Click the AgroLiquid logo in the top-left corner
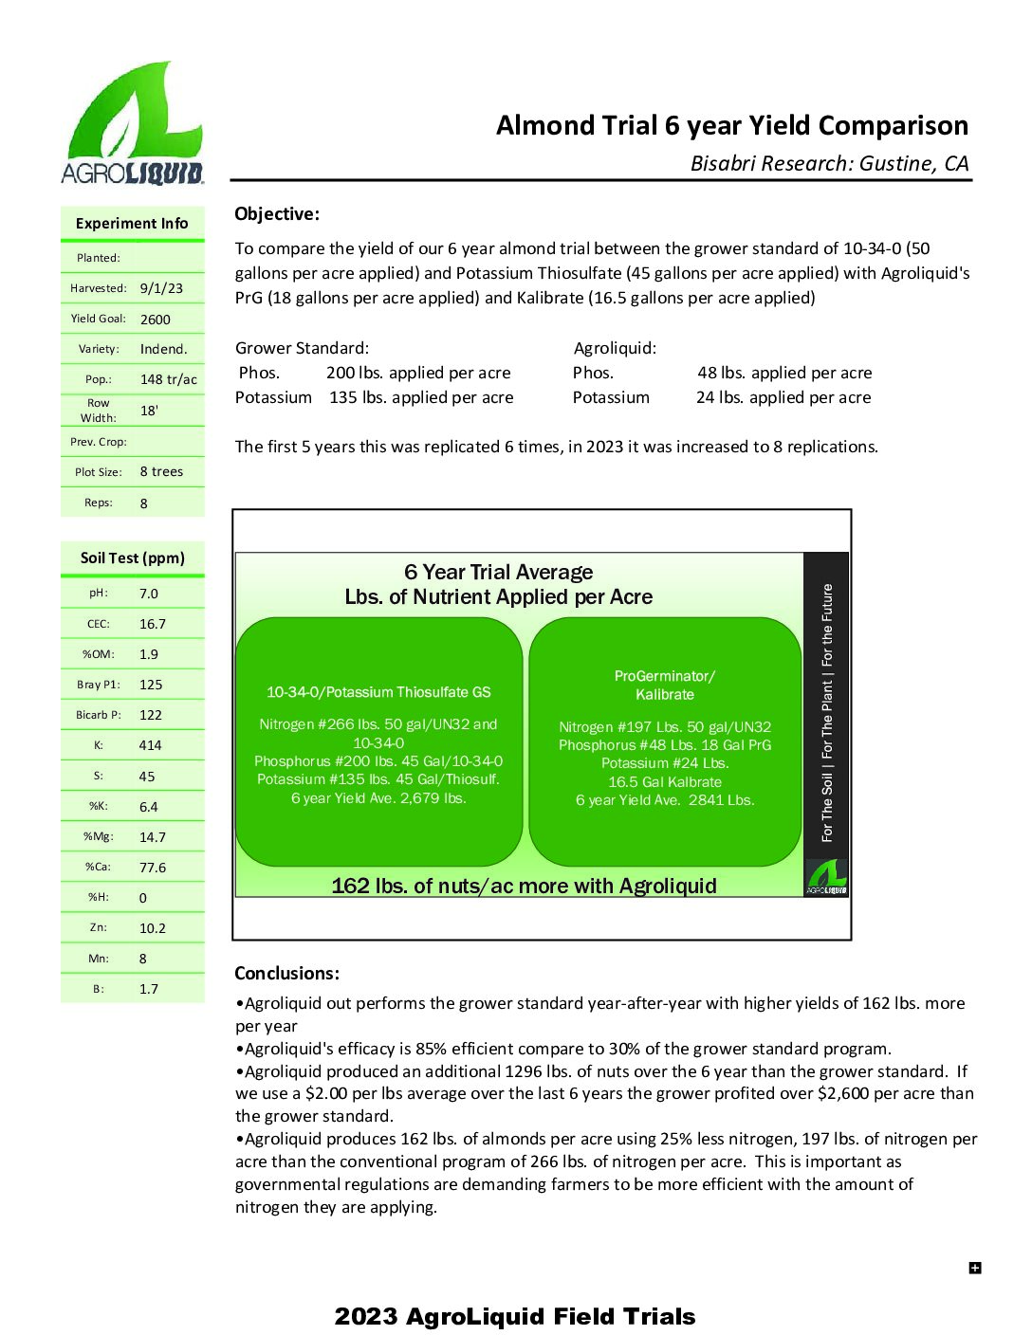point(133,123)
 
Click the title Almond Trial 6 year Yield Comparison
point(731,126)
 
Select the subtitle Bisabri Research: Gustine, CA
point(829,164)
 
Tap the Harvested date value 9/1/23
point(161,288)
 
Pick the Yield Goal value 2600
point(156,320)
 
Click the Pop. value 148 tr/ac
point(169,379)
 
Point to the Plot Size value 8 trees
point(161,471)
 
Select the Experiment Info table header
point(132,224)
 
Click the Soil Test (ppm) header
point(132,558)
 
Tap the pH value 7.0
point(149,594)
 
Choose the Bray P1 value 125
point(151,685)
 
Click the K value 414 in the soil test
point(150,745)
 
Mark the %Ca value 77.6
point(153,868)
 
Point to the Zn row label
point(99,927)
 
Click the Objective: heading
point(277,214)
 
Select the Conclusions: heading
point(286,974)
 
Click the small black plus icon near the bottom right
point(975,1268)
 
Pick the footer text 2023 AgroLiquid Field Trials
point(515,1316)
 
